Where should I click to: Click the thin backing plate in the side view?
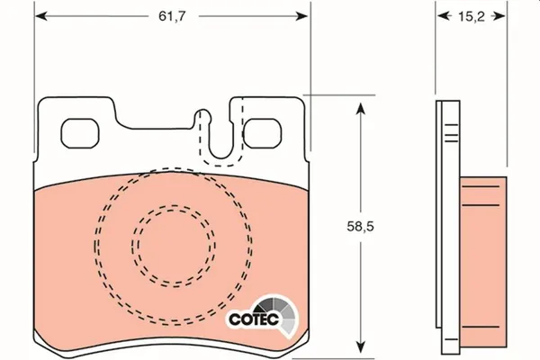click(444, 225)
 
